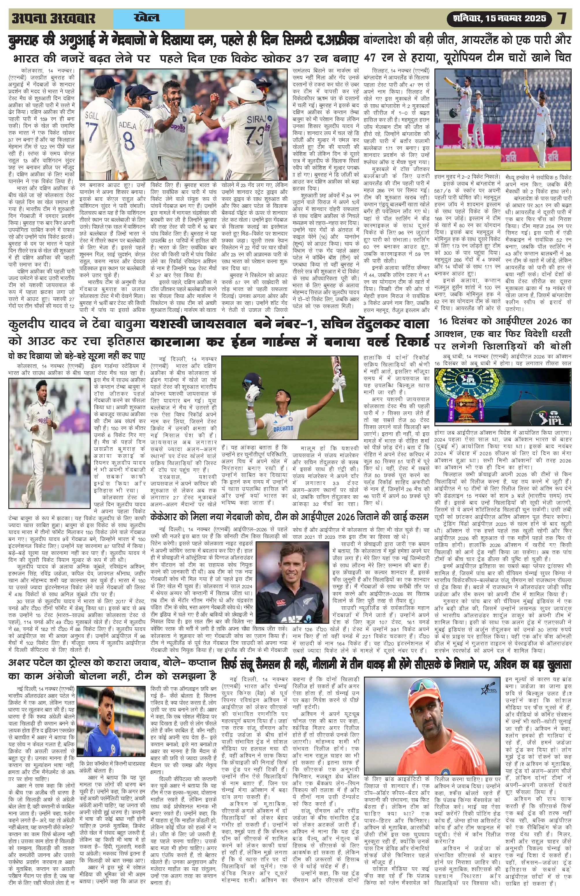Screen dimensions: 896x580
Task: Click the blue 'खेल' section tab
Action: tap(147, 18)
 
